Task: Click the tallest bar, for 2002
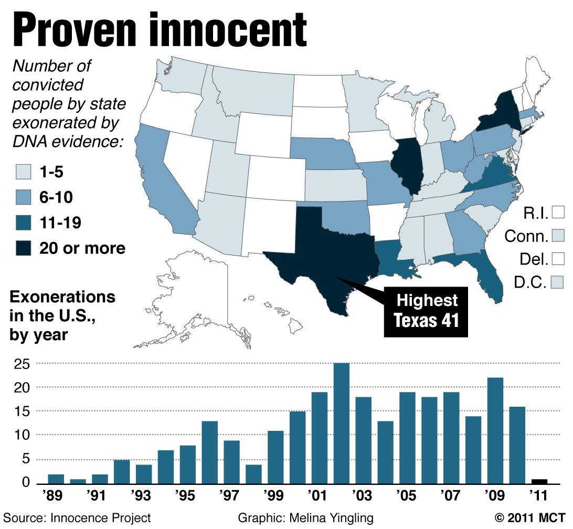click(x=342, y=423)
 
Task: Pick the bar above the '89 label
click(x=56, y=479)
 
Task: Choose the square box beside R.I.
click(x=558, y=213)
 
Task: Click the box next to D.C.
click(x=558, y=282)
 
